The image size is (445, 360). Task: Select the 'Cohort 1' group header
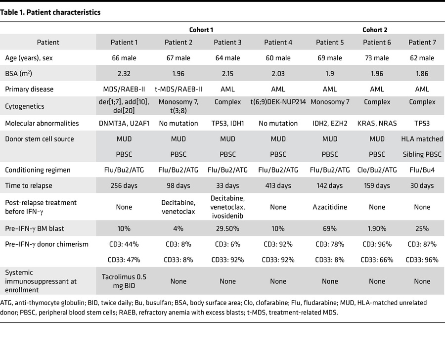point(201,30)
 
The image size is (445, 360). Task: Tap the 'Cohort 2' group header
point(376,30)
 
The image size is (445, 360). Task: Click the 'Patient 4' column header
point(278,43)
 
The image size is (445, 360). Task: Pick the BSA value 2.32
point(124,74)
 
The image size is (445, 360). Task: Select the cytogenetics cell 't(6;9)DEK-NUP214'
point(278,102)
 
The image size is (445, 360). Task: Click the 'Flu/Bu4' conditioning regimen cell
point(422,170)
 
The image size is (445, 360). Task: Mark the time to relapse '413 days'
point(278,185)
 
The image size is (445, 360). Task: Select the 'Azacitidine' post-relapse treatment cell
point(330,203)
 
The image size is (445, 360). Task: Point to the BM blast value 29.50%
point(228,228)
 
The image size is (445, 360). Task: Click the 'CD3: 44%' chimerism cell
point(124,244)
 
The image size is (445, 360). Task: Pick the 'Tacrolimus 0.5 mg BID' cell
point(124,281)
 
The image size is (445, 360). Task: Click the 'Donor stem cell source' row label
point(39,139)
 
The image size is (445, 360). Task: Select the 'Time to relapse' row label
point(29,185)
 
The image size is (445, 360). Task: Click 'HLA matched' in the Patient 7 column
point(422,139)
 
